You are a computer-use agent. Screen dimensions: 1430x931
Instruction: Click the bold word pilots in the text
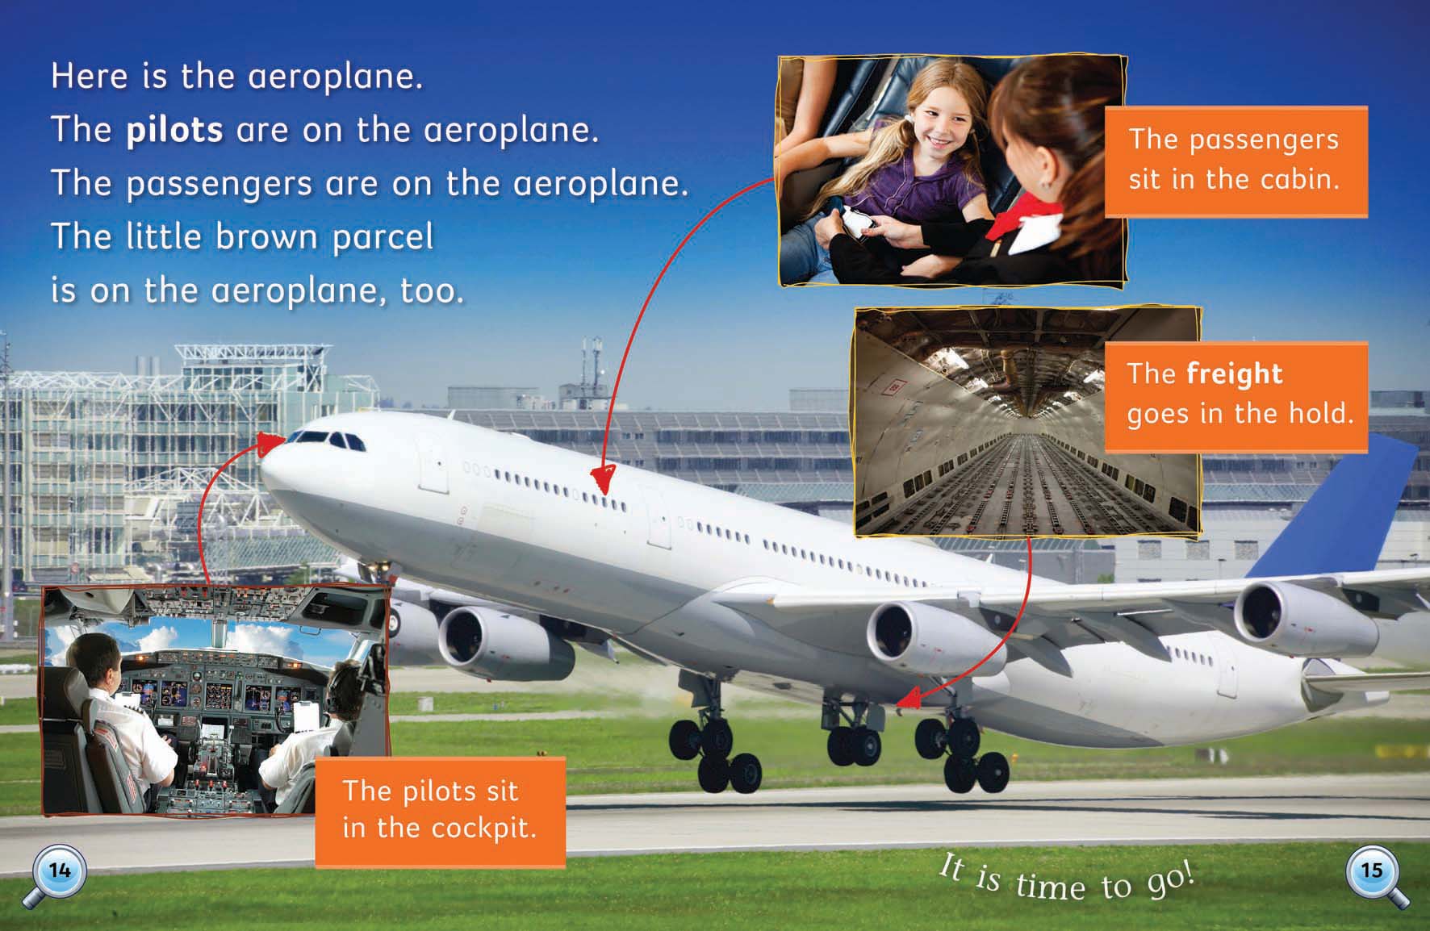click(174, 131)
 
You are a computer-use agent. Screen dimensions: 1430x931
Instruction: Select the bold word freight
click(1235, 374)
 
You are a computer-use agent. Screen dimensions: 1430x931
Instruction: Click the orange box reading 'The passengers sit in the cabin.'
click(1236, 161)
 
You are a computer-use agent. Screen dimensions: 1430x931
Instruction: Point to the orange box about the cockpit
click(440, 812)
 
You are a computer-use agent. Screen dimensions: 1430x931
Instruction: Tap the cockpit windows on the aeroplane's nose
click(327, 440)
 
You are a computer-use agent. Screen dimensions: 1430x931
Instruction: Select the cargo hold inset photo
click(1027, 421)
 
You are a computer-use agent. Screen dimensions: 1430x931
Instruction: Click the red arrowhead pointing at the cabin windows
click(601, 478)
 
